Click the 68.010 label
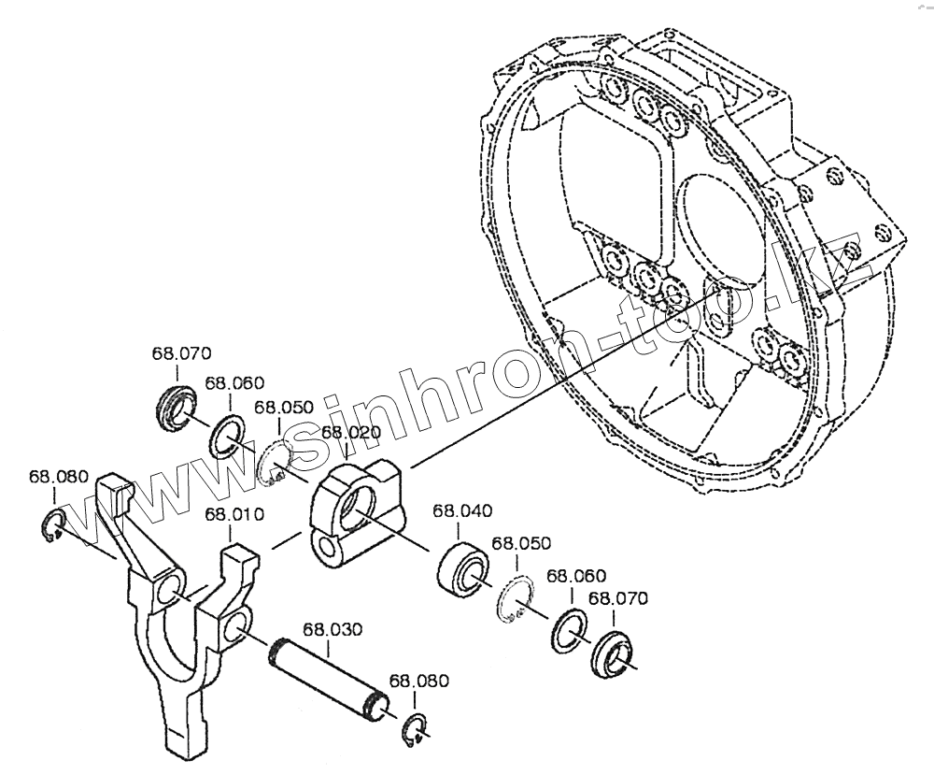coord(234,514)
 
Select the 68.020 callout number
coord(350,431)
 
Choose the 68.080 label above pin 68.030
coord(418,681)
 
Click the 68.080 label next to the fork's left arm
coord(58,476)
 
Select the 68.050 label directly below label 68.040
coord(521,543)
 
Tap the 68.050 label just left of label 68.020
coord(283,407)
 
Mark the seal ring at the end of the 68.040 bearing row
coord(613,655)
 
